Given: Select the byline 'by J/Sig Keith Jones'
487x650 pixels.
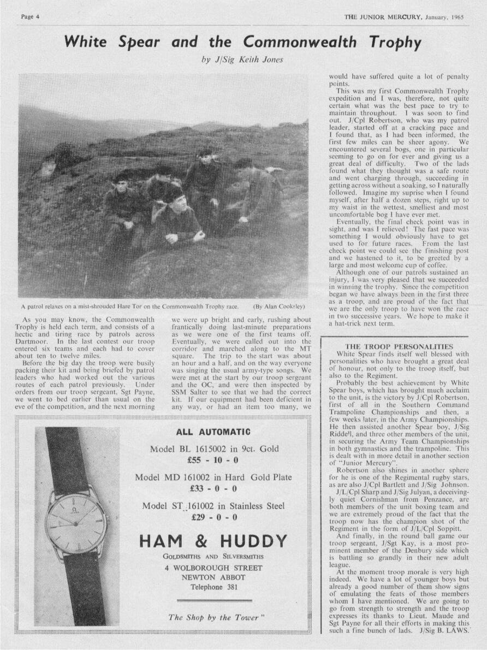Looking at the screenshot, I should click(242, 60).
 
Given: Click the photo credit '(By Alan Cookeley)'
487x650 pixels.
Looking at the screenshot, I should click(278, 306).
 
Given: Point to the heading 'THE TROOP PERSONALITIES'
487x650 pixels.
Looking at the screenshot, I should click(399, 346).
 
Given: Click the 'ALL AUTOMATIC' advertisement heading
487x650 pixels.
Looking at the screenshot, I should click(213, 432).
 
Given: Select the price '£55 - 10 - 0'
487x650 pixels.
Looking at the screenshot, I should click(213, 459).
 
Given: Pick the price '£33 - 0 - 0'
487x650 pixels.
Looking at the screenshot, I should click(213, 488).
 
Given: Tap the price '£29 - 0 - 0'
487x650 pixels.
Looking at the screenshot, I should click(213, 517).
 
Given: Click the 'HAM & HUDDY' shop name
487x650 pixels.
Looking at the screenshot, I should click(213, 541).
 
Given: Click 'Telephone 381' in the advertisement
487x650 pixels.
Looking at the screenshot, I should click(213, 587).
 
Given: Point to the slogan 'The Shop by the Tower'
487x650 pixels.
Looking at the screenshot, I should click(216, 618).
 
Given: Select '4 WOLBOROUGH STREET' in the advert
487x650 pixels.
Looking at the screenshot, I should click(213, 568).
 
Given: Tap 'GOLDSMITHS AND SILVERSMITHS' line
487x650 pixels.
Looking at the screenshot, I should click(213, 557).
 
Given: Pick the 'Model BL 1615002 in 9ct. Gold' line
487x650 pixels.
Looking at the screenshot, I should click(213, 449).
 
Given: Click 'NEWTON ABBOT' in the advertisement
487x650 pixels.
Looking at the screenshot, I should click(213, 578).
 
